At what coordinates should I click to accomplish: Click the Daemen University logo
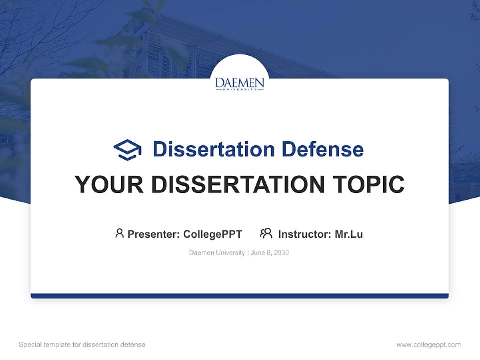point(240,83)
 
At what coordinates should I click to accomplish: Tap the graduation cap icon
point(127,150)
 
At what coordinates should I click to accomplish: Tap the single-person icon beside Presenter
point(119,233)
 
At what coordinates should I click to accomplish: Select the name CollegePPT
point(213,234)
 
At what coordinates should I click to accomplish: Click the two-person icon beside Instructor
point(266,233)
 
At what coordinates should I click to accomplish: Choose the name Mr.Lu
point(349,234)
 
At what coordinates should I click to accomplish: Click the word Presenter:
point(154,234)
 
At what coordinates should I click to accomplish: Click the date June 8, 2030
point(270,253)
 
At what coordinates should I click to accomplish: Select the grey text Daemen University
point(217,253)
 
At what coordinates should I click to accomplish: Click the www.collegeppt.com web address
point(428,345)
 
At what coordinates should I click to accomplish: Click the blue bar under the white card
point(240,296)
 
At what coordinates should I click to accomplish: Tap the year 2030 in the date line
point(281,253)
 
